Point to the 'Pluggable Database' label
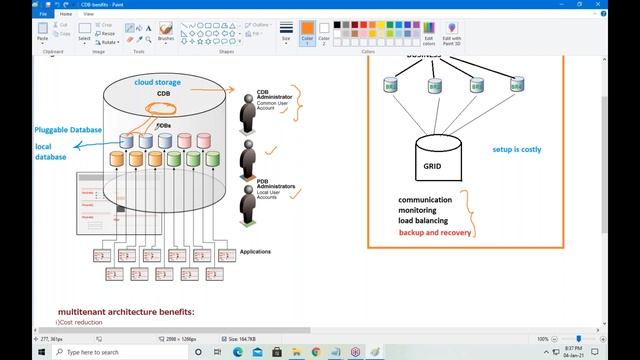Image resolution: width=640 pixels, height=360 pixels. [x=67, y=130]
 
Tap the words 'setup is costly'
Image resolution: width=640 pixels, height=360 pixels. [x=517, y=149]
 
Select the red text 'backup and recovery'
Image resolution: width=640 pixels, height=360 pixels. [x=435, y=232]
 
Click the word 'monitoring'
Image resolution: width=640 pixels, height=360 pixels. [x=422, y=210]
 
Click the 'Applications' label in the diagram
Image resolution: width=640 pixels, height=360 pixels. [x=256, y=252]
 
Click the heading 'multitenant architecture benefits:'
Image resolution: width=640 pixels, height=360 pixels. [x=126, y=312]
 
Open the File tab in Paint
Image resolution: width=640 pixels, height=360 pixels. [x=15, y=14]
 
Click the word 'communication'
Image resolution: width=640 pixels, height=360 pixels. [x=431, y=200]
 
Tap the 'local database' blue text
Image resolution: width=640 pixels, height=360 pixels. [x=49, y=152]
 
